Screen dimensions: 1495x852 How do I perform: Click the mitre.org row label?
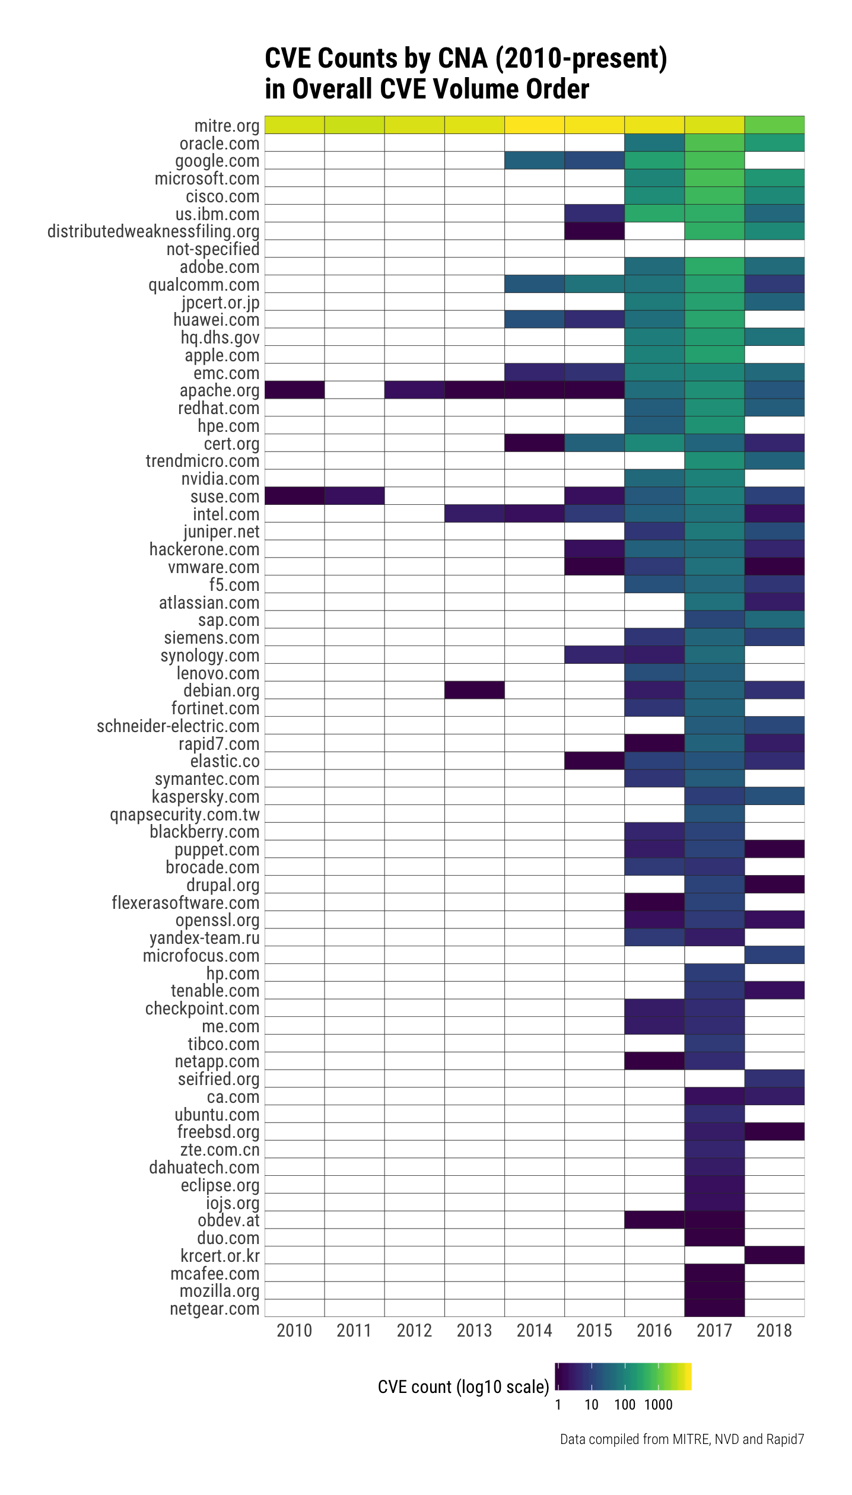(227, 126)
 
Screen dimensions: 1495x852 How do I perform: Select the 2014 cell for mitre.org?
(534, 125)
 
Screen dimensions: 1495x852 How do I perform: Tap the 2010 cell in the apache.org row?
(294, 390)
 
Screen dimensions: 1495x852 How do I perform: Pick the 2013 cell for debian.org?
(474, 690)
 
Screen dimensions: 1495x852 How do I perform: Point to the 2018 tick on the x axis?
(774, 1331)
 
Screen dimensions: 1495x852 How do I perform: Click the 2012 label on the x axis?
(414, 1331)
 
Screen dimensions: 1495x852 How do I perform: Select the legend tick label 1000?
(659, 1404)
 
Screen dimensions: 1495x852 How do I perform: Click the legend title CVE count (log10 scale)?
(463, 1387)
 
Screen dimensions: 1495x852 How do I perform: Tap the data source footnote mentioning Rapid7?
(682, 1439)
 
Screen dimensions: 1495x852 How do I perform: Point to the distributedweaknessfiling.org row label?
(153, 231)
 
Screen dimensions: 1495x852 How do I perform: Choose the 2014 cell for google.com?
(534, 161)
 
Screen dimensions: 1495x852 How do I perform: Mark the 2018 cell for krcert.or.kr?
(774, 1255)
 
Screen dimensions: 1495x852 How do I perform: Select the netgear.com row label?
(214, 1308)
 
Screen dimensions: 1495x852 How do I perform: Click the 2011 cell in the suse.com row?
(354, 496)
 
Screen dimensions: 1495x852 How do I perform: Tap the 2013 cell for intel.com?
(474, 514)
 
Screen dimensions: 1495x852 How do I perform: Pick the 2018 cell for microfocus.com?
(774, 955)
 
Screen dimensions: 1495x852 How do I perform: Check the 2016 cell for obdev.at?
(654, 1220)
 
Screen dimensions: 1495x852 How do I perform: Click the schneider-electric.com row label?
(178, 726)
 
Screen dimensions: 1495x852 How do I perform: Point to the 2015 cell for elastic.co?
(594, 761)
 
